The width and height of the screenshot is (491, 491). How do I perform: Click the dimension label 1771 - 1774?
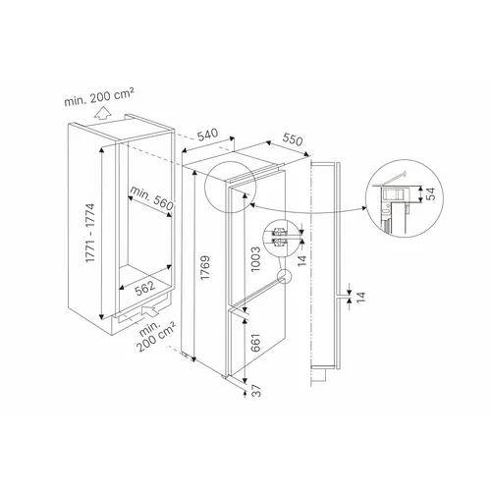coord(90,233)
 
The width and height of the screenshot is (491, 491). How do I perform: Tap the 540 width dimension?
coord(208,135)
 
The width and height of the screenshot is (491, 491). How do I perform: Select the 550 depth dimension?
coord(293,139)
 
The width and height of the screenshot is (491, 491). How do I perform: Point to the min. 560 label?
coord(151,198)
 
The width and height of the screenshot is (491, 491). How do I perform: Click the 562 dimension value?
coord(144,288)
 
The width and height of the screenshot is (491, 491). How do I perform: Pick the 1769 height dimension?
coord(205,268)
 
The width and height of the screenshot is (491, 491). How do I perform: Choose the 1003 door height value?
coord(255,259)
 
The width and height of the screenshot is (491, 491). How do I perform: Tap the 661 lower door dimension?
coord(255,343)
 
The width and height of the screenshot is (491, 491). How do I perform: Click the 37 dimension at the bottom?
coord(257,391)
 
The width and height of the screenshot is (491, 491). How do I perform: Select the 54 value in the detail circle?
coord(431,193)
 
